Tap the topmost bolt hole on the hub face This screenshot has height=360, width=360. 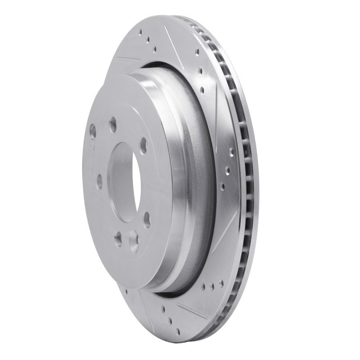click(x=113, y=124)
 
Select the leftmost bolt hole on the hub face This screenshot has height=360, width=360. click(x=93, y=131)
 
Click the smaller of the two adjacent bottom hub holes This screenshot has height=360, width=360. click(x=118, y=239)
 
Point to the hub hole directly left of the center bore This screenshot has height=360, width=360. click(x=99, y=181)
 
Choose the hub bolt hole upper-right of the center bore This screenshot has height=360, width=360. click(x=144, y=145)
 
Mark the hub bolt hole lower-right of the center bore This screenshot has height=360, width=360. click(x=147, y=220)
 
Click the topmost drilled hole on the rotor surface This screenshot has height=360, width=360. click(x=140, y=32)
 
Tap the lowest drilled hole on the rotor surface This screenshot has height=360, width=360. click(x=178, y=332)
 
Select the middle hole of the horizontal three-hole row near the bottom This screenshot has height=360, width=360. click(x=212, y=285)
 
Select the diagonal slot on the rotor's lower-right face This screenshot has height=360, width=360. click(x=225, y=238)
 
